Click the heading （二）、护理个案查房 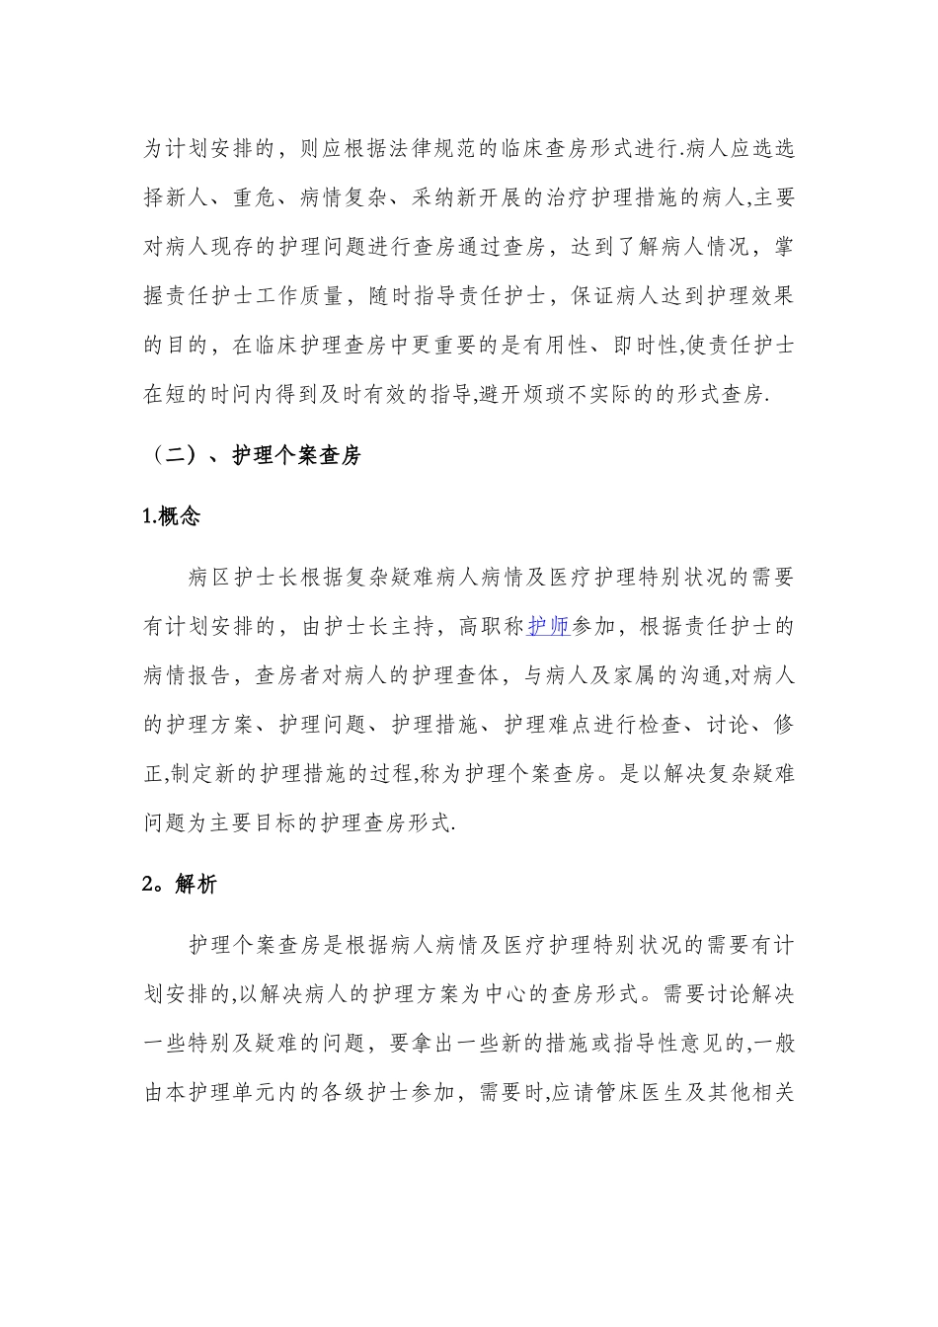tap(253, 455)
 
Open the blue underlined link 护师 tap(549, 626)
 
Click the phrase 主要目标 tap(263, 822)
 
